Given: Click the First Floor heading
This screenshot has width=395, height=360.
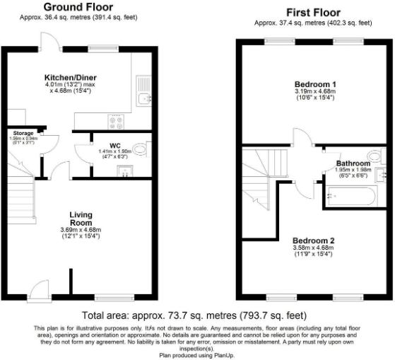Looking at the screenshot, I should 312,12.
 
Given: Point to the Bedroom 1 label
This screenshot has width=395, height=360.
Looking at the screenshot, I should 315,84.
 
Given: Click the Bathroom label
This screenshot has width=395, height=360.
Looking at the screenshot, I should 353,163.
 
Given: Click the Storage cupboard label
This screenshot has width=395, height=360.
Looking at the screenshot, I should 23,132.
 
